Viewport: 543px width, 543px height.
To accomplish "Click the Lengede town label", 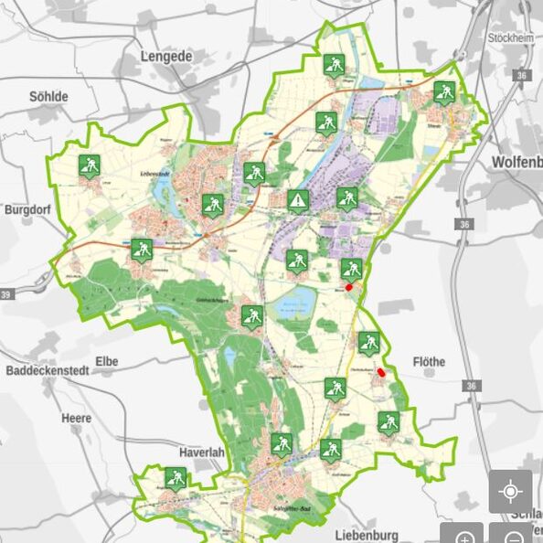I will [166, 56].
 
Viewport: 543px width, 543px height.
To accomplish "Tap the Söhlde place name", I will [49, 96].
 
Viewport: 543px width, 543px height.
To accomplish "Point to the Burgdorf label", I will [27, 208].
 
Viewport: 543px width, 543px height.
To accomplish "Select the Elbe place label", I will [106, 362].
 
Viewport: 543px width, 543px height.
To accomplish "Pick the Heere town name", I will [76, 418].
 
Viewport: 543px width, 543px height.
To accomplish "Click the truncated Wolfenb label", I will [516, 162].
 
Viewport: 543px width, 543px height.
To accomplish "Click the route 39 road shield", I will [7, 294].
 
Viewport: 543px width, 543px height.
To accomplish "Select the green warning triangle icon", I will [298, 200].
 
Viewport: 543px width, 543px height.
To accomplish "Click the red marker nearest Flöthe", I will [380, 372].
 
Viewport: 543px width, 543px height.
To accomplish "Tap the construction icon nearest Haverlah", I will [176, 477].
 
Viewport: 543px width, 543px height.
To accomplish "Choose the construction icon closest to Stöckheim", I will [444, 91].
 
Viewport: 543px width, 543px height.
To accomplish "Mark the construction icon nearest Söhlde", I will [89, 165].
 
